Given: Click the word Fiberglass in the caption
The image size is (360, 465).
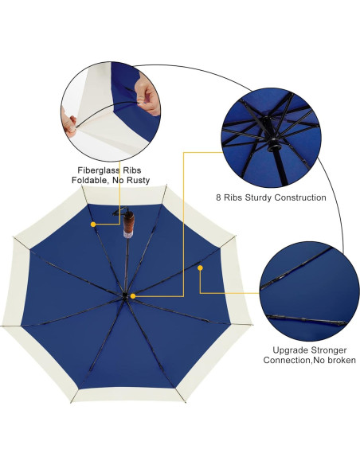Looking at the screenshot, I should [x=94, y=170].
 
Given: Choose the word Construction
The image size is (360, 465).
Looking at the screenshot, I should [x=301, y=197].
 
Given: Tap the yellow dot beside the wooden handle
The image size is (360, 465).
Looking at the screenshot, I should [x=93, y=225].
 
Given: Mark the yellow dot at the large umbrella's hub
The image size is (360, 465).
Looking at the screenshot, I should [x=132, y=296].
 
